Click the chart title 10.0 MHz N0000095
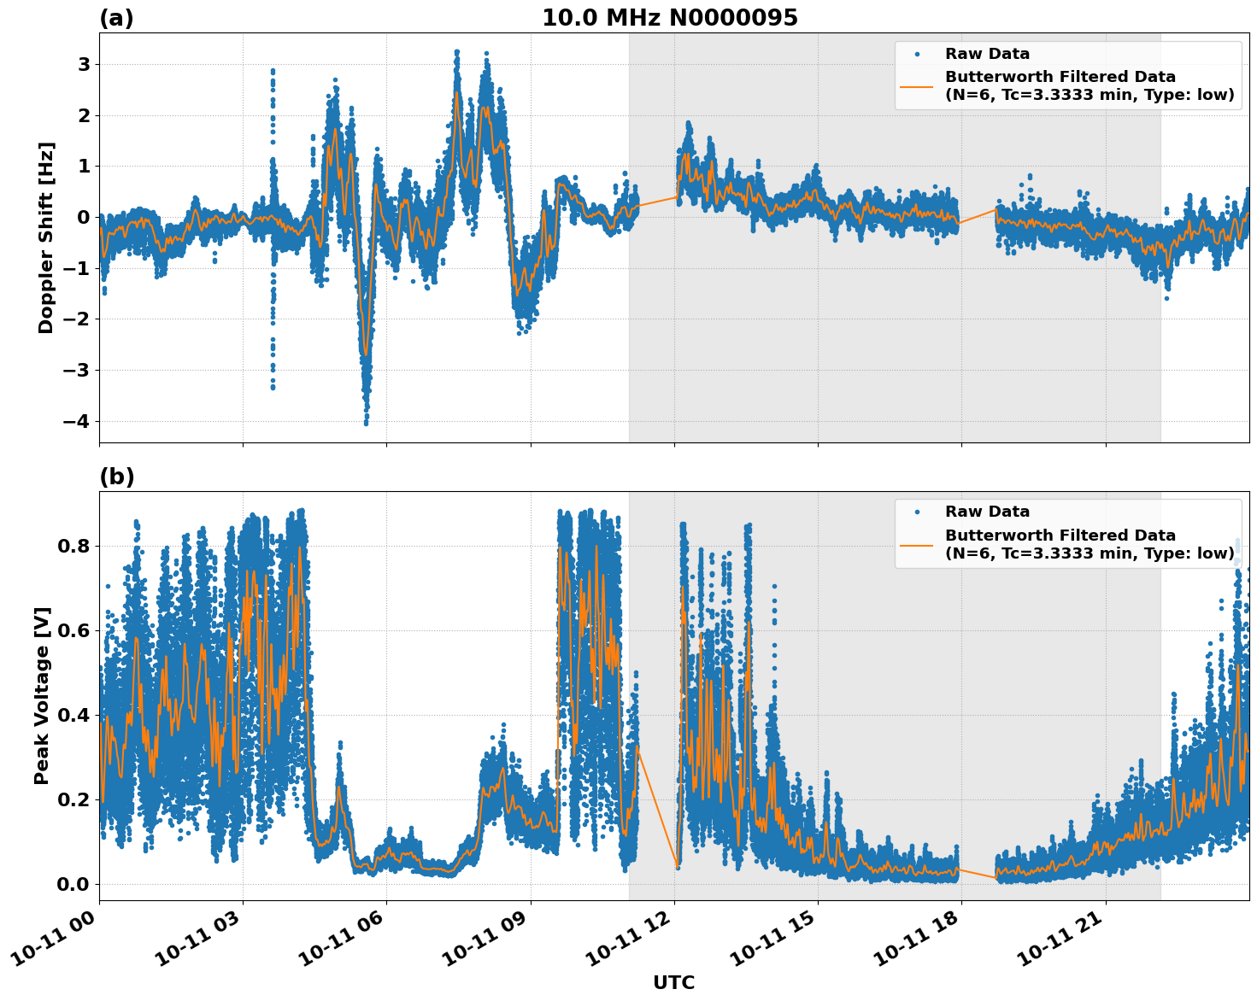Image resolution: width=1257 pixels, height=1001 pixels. pos(669,18)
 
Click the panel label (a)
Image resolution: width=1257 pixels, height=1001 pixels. pos(116,18)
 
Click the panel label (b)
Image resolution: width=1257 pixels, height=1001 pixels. pos(116,477)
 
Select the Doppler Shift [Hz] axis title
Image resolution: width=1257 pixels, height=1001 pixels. pos(46,237)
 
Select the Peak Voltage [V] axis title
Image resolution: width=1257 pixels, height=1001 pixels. pos(42,695)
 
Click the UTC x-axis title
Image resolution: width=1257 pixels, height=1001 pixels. pos(673,982)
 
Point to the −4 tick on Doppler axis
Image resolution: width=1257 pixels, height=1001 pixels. pos(76,421)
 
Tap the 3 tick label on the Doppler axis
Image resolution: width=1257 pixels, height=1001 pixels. pos(84,64)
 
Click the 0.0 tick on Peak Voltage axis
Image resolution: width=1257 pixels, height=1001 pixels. pos(73,883)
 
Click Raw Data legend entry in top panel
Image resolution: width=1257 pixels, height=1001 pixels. pos(987,54)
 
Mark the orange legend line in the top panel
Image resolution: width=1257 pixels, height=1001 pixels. pos(916,85)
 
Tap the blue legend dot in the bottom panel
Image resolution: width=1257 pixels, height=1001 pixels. pos(916,512)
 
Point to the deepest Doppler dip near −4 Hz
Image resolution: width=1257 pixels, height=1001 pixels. pos(366,420)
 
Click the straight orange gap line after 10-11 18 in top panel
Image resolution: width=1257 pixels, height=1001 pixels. pos(977,216)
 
